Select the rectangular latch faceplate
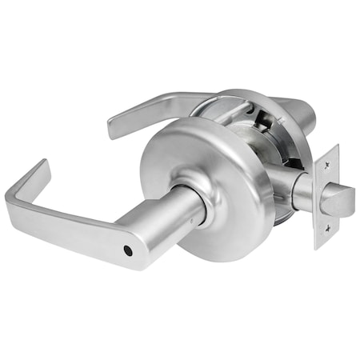click(x=326, y=196)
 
